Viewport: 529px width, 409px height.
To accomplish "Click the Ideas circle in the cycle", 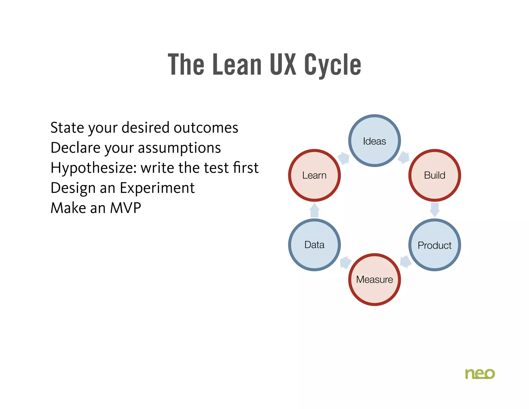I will click(374, 141).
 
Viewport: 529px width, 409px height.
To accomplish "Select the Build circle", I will click(434, 175).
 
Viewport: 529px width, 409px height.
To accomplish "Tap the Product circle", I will click(434, 245).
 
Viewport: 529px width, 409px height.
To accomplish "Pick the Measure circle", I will click(374, 279).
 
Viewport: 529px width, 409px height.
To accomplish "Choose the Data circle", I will click(314, 245).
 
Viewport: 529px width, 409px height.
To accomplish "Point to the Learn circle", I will click(314, 175).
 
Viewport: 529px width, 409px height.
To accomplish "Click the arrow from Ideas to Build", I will click(404, 157).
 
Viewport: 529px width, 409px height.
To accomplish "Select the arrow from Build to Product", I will click(435, 210).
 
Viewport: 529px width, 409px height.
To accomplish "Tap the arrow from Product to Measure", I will click(405, 262).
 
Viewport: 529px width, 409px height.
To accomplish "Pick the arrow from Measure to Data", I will click(345, 262).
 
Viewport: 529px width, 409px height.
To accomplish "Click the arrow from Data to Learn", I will click(314, 210).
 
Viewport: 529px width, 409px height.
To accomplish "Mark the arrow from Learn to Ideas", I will click(344, 158).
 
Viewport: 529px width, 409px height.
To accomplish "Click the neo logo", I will click(480, 374).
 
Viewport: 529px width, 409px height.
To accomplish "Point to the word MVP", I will click(126, 208).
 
